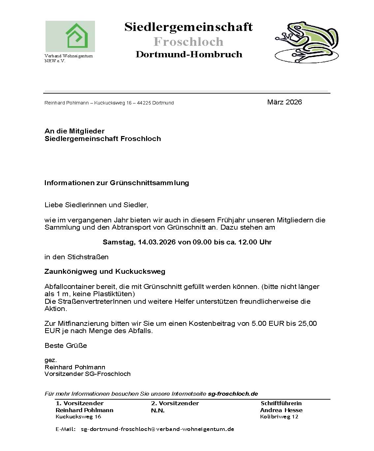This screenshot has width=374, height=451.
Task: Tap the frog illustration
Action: pyautogui.click(x=307, y=42)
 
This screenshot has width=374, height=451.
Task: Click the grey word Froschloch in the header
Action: pyautogui.click(x=188, y=42)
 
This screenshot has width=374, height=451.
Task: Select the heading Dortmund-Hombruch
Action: pyautogui.click(x=189, y=54)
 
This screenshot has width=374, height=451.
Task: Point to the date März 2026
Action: pyautogui.click(x=284, y=102)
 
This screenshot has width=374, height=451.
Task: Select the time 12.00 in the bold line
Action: pyautogui.click(x=248, y=242)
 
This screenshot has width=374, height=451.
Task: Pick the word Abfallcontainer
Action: pyautogui.click(x=69, y=287)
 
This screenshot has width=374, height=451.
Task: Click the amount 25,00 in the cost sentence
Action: pyautogui.click(x=307, y=324)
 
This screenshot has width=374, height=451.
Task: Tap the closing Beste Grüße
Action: pyautogui.click(x=66, y=346)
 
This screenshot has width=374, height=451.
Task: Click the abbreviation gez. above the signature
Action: pyautogui.click(x=50, y=360)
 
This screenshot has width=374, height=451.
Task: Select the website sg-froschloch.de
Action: pyautogui.click(x=233, y=394)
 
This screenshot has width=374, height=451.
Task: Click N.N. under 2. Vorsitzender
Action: pyautogui.click(x=158, y=410)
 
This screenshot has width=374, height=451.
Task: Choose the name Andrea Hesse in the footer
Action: pyautogui.click(x=281, y=410)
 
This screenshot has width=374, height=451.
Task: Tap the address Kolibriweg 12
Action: pyautogui.click(x=279, y=417)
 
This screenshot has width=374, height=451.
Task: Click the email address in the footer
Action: pyautogui.click(x=157, y=429)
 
